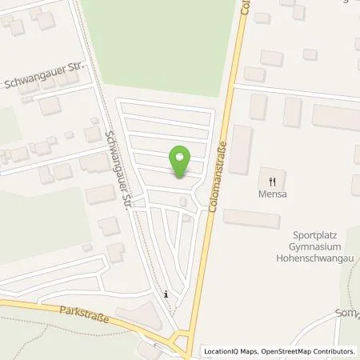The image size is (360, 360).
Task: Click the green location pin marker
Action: [x=182, y=159]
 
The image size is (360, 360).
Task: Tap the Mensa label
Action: [x=272, y=193]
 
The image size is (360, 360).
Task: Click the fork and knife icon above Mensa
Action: [x=272, y=180]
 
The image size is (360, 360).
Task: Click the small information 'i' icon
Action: [x=166, y=294]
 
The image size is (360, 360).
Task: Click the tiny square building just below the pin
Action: [x=184, y=201]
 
